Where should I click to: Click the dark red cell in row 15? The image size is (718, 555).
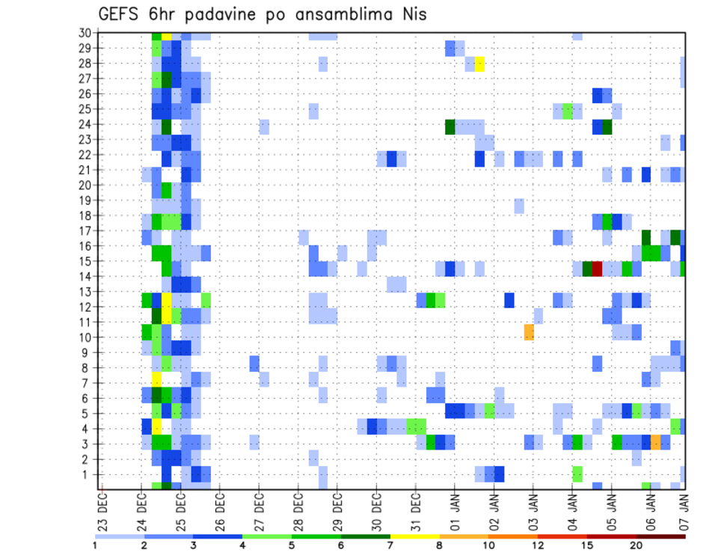click(x=597, y=269)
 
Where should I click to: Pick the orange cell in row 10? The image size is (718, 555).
click(x=529, y=332)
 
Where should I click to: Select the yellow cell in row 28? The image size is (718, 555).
click(x=479, y=64)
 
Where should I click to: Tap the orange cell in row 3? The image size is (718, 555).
click(x=655, y=442)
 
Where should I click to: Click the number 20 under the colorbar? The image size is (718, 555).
click(x=636, y=546)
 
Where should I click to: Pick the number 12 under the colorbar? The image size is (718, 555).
click(x=538, y=546)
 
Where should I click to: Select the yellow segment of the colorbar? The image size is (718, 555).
click(x=415, y=536)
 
